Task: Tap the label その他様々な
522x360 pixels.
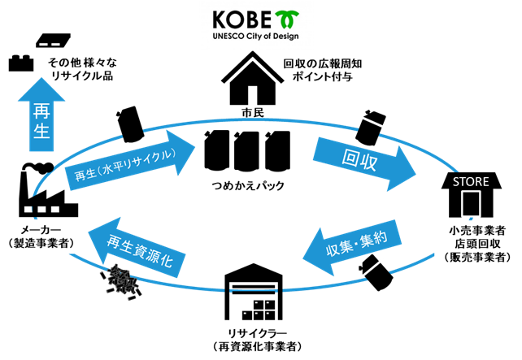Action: (80, 63)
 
